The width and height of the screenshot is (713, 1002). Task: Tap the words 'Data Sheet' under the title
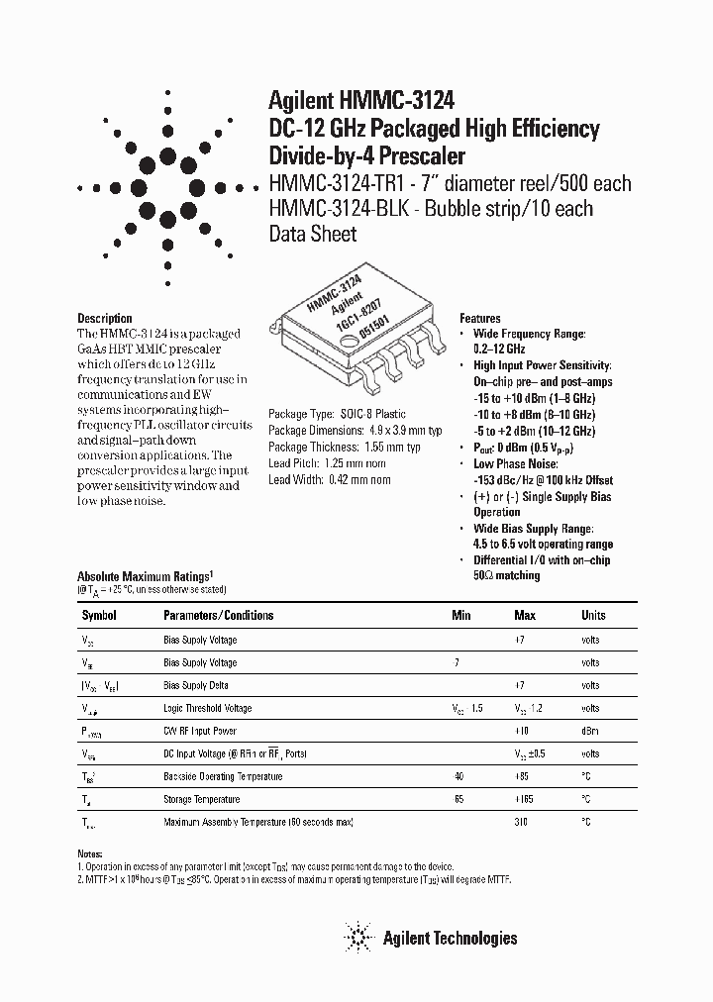(313, 234)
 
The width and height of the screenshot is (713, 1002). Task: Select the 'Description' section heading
(105, 319)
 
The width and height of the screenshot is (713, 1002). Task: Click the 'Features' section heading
(480, 319)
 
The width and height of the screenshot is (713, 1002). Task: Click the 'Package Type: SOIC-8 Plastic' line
(338, 415)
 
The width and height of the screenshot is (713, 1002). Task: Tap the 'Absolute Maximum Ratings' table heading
(145, 575)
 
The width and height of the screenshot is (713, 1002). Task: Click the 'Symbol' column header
(100, 615)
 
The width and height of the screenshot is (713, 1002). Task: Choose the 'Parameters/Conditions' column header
(218, 615)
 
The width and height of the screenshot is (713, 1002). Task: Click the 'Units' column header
(593, 615)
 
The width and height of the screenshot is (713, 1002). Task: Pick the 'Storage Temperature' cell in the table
(201, 799)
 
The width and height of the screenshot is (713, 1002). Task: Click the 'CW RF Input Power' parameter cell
(200, 731)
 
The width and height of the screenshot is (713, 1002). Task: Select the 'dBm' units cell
(591, 731)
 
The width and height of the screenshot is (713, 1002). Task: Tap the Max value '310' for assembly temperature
(521, 822)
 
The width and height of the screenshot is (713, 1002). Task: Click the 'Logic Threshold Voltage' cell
(208, 708)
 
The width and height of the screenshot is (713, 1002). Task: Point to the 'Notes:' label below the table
(90, 853)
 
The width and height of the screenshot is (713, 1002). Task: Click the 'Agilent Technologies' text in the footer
(450, 938)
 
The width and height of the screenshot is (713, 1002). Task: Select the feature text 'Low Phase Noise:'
(515, 463)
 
